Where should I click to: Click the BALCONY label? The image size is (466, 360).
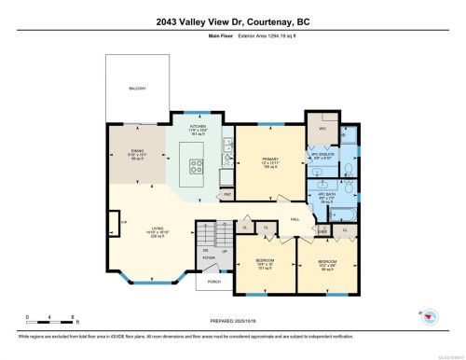tap(137, 89)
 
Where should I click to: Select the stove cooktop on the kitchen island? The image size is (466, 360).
tap(198, 168)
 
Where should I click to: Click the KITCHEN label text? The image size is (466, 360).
tap(197, 125)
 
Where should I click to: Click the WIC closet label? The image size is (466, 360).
tap(322, 130)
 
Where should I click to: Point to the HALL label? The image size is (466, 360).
tap(295, 218)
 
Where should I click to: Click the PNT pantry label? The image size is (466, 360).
tap(227, 194)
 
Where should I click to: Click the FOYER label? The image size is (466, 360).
tap(206, 258)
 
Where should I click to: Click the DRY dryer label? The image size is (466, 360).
tap(322, 230)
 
